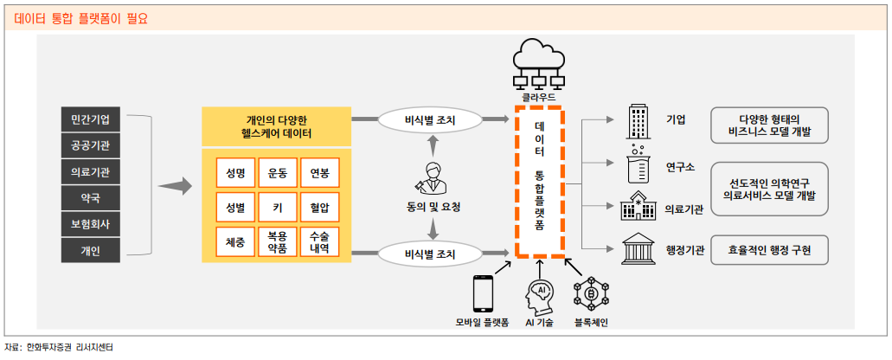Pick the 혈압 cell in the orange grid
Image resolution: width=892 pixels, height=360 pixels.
click(319, 208)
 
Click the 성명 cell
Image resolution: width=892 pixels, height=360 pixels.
click(235, 173)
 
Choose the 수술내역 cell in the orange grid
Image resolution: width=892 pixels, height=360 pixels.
click(319, 241)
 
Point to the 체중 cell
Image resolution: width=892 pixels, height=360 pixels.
click(235, 241)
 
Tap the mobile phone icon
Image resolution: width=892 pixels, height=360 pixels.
click(482, 294)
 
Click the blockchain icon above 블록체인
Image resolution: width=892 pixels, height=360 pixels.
click(591, 294)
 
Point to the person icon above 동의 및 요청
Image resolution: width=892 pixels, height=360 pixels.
click(433, 178)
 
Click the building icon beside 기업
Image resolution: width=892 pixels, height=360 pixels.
click(639, 120)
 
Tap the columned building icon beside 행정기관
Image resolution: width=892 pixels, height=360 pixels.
click(639, 250)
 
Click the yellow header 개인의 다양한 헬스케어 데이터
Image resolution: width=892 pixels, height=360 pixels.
click(277, 127)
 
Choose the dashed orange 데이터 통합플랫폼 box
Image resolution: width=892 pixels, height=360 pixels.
click(539, 181)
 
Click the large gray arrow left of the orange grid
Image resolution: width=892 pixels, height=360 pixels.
click(176, 184)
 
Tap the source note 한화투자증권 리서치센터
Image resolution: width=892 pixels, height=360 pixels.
click(69, 347)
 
